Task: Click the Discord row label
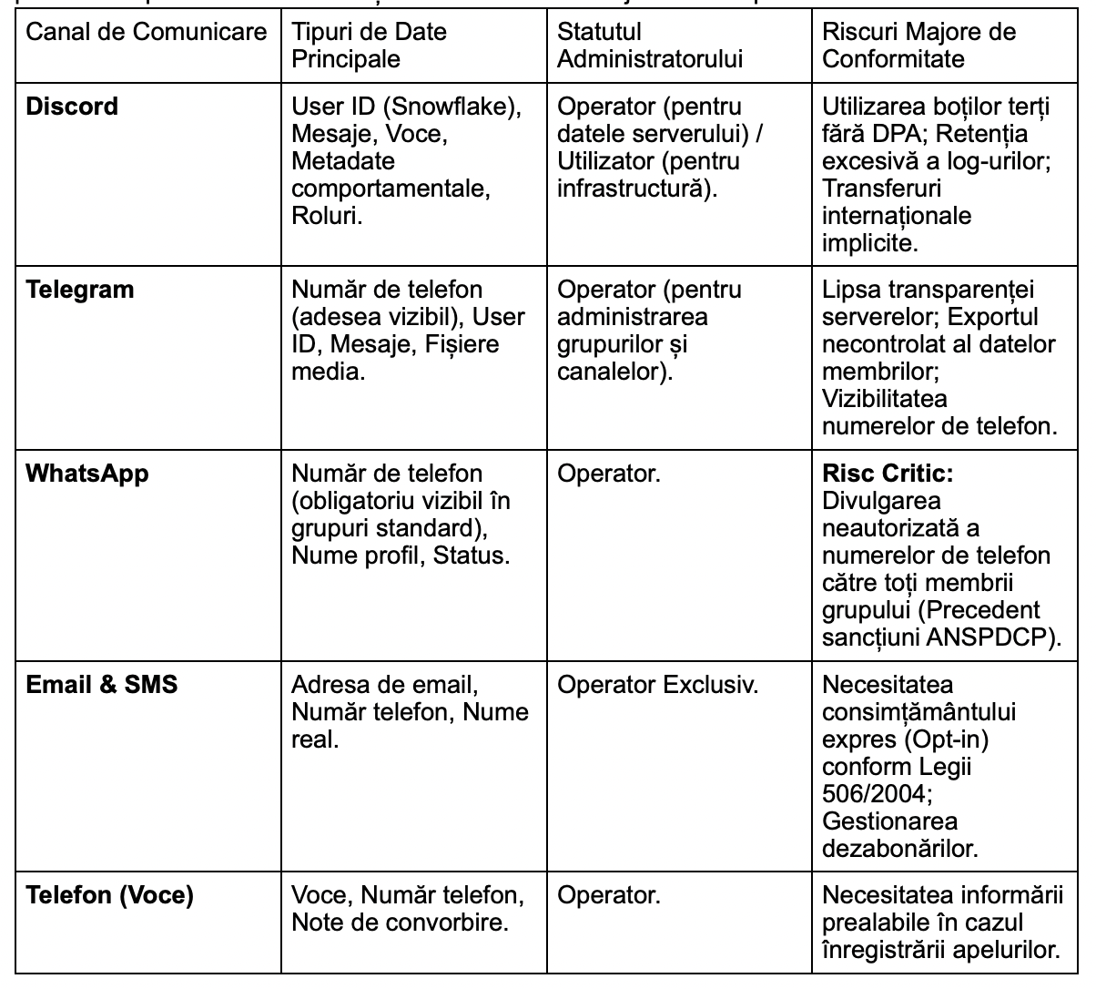click(72, 107)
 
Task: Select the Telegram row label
click(79, 291)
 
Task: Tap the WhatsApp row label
click(86, 474)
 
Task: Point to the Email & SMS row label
click(101, 685)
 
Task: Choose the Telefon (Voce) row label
click(109, 896)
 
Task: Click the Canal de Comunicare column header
click(146, 33)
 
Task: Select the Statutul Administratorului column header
click(649, 46)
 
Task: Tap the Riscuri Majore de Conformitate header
click(918, 46)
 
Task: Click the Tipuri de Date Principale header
click(369, 46)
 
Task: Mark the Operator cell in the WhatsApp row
click(608, 474)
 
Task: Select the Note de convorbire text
click(400, 923)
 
